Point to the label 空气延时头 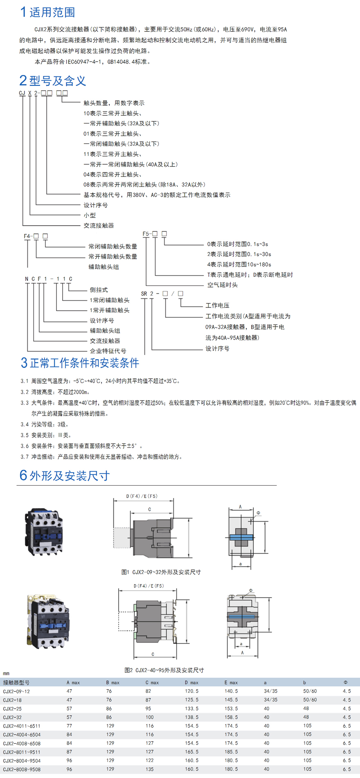(x=222, y=285)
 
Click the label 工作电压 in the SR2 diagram (x=217, y=305)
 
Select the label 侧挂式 (x=99, y=290)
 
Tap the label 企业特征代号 (x=108, y=351)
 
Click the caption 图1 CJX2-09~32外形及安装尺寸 (x=161, y=572)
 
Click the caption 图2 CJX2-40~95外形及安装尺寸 (x=164, y=670)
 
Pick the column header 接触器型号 (x=16, y=682)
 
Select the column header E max (x=231, y=682)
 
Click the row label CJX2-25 (x=12, y=708)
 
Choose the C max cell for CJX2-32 (x=150, y=717)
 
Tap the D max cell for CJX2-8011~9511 (x=191, y=752)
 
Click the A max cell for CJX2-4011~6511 (x=69, y=726)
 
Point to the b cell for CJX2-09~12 (x=310, y=691)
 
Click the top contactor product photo (x=44, y=531)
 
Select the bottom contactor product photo (x=48, y=622)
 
